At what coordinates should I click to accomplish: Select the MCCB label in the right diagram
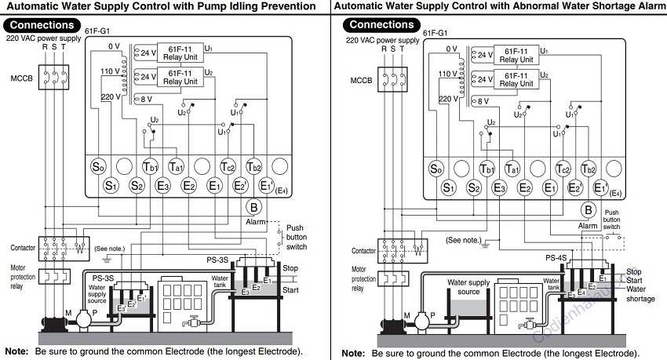pyautogui.click(x=361, y=80)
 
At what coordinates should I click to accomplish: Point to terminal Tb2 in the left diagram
pyautogui.click(x=253, y=166)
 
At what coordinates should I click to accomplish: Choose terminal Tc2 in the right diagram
pyautogui.click(x=563, y=169)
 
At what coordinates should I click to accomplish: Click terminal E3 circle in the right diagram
pyautogui.click(x=499, y=187)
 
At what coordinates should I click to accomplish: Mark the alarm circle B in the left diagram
pyautogui.click(x=253, y=207)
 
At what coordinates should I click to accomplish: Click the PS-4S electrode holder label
pyautogui.click(x=556, y=256)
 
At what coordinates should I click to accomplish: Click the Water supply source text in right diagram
pyautogui.click(x=468, y=286)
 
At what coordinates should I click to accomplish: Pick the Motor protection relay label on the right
pyautogui.click(x=363, y=278)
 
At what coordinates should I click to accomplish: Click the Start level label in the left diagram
pyautogui.click(x=290, y=289)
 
